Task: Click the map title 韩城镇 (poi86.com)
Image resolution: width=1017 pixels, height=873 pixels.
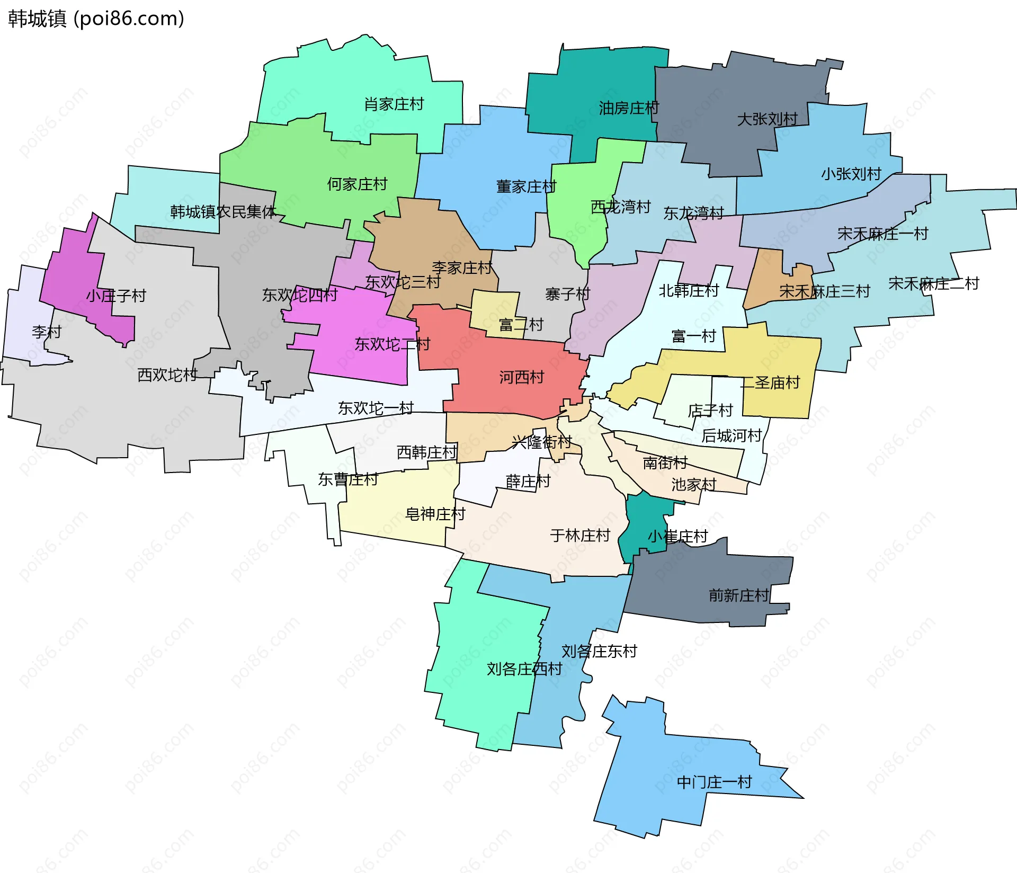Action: (x=96, y=19)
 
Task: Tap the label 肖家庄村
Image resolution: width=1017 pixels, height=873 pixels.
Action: (x=394, y=104)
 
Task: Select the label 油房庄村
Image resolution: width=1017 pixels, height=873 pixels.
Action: (x=629, y=108)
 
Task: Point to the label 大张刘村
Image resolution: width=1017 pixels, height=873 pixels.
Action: (x=767, y=119)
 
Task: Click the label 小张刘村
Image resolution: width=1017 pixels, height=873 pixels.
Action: (x=851, y=174)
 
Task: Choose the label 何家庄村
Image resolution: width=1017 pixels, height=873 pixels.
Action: (x=357, y=184)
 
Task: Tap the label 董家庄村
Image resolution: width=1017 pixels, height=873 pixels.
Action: (x=526, y=186)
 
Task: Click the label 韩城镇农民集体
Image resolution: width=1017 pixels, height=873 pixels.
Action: (x=223, y=212)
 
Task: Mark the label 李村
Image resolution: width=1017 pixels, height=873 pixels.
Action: (x=47, y=332)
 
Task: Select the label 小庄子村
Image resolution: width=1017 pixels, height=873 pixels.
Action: (x=116, y=296)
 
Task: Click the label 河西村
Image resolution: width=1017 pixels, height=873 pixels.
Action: (x=521, y=377)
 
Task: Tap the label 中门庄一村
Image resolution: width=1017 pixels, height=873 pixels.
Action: (x=714, y=782)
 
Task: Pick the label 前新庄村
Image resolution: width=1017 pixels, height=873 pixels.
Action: (x=738, y=595)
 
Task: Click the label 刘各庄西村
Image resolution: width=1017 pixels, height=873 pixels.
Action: (x=524, y=669)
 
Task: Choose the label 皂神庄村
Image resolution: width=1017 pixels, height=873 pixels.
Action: (x=435, y=514)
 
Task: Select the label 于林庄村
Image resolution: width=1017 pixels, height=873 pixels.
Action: (x=580, y=536)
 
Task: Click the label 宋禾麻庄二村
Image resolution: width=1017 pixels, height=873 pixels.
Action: (x=933, y=283)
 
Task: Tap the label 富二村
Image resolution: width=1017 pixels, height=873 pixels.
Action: (x=521, y=325)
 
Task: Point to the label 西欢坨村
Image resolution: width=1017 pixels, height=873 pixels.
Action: (x=167, y=375)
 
